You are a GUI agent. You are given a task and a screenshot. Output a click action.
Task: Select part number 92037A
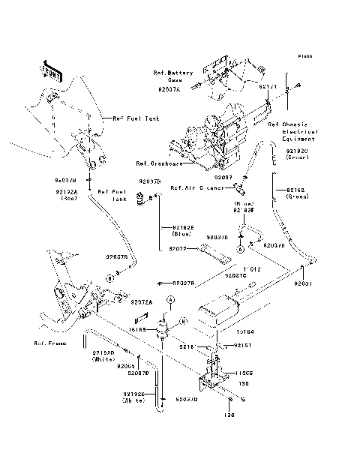pyautogui.click(x=169, y=88)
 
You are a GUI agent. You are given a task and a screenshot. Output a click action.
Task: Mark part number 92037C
pyautogui.click(x=235, y=276)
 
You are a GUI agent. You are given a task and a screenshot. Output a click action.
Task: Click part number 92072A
pyautogui.click(x=141, y=302)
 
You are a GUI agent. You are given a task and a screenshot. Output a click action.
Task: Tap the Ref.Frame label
pyautogui.click(x=49, y=343)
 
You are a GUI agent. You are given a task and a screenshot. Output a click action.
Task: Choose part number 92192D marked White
pyautogui.click(x=103, y=356)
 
